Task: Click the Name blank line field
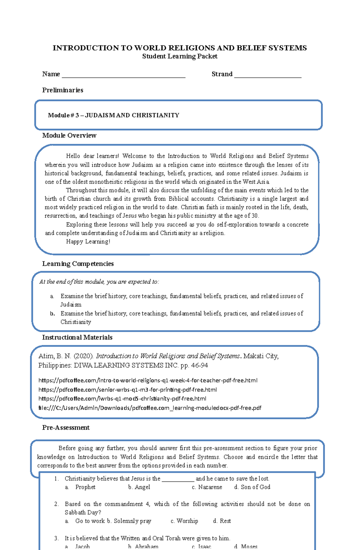(x=123, y=75)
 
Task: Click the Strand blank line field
(x=268, y=75)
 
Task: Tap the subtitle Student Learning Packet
(x=179, y=56)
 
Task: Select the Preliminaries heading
(x=63, y=90)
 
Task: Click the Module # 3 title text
(x=113, y=115)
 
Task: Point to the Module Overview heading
(x=69, y=136)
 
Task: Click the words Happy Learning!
(x=88, y=241)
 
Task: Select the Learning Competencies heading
(x=78, y=264)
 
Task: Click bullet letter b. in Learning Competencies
(x=52, y=313)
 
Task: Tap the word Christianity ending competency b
(x=76, y=322)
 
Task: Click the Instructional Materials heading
(x=77, y=337)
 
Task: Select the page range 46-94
(x=198, y=365)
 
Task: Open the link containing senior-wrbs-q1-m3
(x=127, y=390)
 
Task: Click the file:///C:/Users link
(x=150, y=408)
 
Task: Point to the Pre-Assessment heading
(x=66, y=428)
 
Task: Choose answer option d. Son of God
(x=252, y=487)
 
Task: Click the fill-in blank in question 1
(x=178, y=479)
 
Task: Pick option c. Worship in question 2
(x=184, y=521)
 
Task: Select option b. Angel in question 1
(x=139, y=487)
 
